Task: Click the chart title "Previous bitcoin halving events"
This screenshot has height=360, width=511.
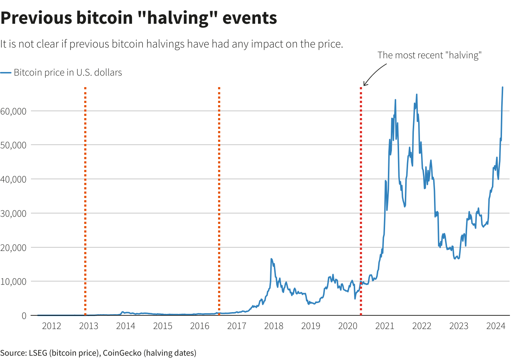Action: (x=139, y=18)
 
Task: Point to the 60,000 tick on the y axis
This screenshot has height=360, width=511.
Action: (x=14, y=111)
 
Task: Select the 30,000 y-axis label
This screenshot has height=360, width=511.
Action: (x=14, y=213)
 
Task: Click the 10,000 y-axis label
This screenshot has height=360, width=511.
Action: (x=14, y=282)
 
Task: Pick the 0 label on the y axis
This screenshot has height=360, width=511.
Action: (x=24, y=316)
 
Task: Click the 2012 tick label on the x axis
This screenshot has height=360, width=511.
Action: (x=51, y=326)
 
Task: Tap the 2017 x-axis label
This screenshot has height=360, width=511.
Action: (x=237, y=326)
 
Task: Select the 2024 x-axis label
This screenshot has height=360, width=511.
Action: (x=496, y=326)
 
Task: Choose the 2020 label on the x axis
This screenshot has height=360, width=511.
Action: (x=348, y=326)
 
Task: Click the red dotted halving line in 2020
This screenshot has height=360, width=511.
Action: (x=361, y=202)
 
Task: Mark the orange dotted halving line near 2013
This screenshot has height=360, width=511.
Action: (x=85, y=202)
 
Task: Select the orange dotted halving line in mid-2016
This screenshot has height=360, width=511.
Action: (x=219, y=202)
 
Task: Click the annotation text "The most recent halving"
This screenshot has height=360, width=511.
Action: (x=429, y=55)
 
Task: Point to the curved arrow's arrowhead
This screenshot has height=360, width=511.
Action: (x=364, y=85)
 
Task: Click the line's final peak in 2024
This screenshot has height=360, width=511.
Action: (x=502, y=87)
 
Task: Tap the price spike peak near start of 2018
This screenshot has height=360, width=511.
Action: (x=271, y=259)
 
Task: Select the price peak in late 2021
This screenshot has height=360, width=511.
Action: (x=417, y=95)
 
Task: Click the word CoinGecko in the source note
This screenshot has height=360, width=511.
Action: (x=122, y=353)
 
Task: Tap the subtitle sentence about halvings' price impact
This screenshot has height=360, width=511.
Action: (x=172, y=44)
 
